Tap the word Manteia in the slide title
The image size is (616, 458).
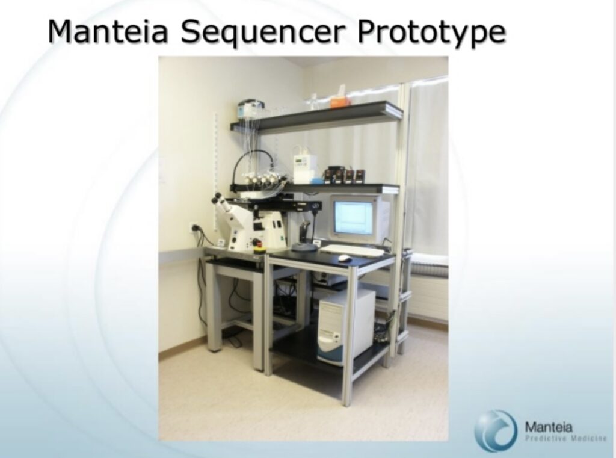point(108,31)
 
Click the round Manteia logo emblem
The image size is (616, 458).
point(496,430)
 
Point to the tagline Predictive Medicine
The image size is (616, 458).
point(566,439)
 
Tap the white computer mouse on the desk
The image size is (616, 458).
point(345,258)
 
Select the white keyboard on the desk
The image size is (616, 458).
point(351,250)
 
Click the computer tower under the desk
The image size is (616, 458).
point(346,326)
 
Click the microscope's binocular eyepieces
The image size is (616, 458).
point(220,200)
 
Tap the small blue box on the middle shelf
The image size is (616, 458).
point(315,181)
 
